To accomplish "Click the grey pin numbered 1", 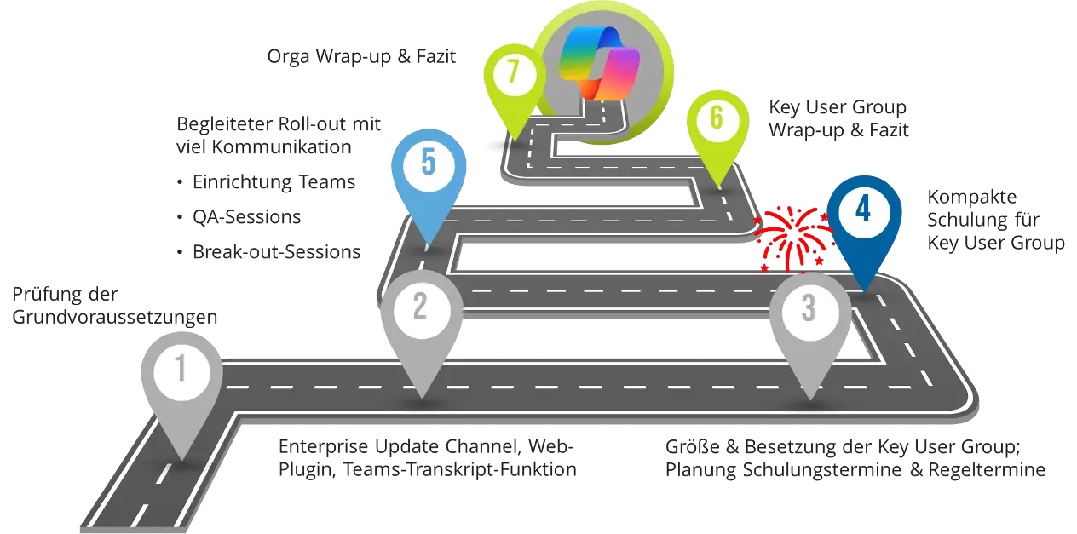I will (181, 370).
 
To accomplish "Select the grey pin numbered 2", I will (419, 306).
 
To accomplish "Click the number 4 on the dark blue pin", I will (863, 210).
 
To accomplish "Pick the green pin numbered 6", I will (717, 118).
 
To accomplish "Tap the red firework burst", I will (793, 235).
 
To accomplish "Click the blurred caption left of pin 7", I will (361, 59).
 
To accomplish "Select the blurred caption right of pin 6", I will (840, 121).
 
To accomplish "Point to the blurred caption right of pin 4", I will (997, 220).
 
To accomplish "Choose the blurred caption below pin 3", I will (855, 457).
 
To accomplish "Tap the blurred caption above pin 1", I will (111, 307).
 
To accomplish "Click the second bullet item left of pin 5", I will (249, 217).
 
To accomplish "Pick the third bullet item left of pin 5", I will (269, 251).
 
